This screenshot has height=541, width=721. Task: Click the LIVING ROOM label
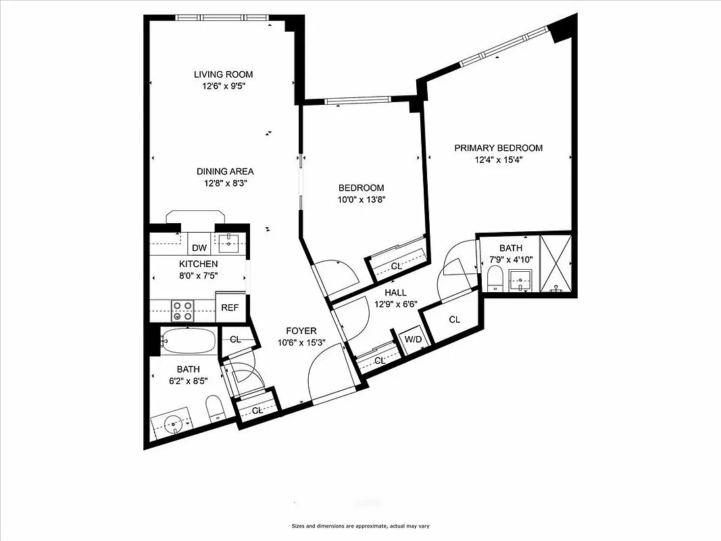[223, 74]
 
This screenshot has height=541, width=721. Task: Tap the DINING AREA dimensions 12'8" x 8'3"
[225, 183]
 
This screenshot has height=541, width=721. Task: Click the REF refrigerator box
[230, 308]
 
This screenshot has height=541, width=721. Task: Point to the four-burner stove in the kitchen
[182, 310]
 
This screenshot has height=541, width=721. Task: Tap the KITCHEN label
[198, 264]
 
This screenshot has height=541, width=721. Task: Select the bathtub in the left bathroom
[189, 342]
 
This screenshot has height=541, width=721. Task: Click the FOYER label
[301, 331]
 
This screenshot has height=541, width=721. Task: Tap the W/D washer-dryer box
[411, 339]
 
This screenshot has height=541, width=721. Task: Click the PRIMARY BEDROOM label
[498, 148]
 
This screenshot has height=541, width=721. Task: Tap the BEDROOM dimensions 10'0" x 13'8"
[362, 199]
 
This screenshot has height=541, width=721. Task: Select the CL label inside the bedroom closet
[397, 266]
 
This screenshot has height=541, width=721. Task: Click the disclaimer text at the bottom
[360, 526]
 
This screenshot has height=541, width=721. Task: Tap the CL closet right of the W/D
[454, 320]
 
